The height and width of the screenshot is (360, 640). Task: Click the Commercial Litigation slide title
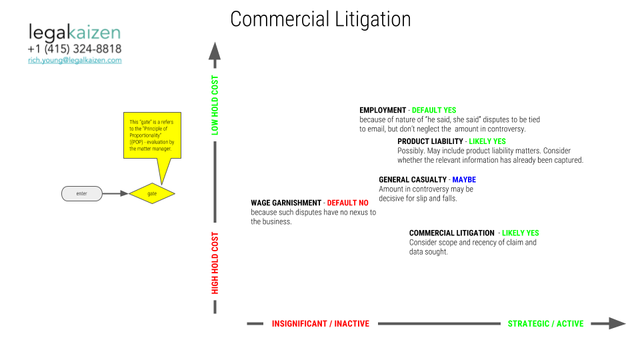pyautogui.click(x=321, y=19)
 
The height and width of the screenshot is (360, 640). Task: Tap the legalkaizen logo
pyautogui.click(x=75, y=33)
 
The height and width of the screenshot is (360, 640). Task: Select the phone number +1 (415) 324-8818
pyautogui.click(x=75, y=49)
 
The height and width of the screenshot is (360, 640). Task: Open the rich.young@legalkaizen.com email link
pyautogui.click(x=75, y=61)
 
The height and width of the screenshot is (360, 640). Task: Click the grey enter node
pyautogui.click(x=81, y=193)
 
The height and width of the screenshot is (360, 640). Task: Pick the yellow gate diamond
pyautogui.click(x=152, y=193)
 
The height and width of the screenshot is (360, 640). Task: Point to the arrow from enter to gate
pyautogui.click(x=115, y=193)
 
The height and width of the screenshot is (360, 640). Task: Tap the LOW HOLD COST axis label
pyautogui.click(x=215, y=105)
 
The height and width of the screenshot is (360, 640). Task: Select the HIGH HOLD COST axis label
pyautogui.click(x=215, y=263)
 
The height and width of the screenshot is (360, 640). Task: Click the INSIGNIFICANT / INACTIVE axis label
pyautogui.click(x=321, y=324)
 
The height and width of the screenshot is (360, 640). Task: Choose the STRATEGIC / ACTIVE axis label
pyautogui.click(x=546, y=324)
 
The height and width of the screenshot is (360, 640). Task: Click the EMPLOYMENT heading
pyautogui.click(x=383, y=110)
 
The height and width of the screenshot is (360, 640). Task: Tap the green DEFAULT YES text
pyautogui.click(x=434, y=110)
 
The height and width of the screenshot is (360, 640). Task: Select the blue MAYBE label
pyautogui.click(x=464, y=179)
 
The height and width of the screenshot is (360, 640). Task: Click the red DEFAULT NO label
pyautogui.click(x=348, y=203)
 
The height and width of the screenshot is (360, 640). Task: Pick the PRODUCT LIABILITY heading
pyautogui.click(x=430, y=141)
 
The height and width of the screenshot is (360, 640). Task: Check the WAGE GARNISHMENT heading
pyautogui.click(x=286, y=203)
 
